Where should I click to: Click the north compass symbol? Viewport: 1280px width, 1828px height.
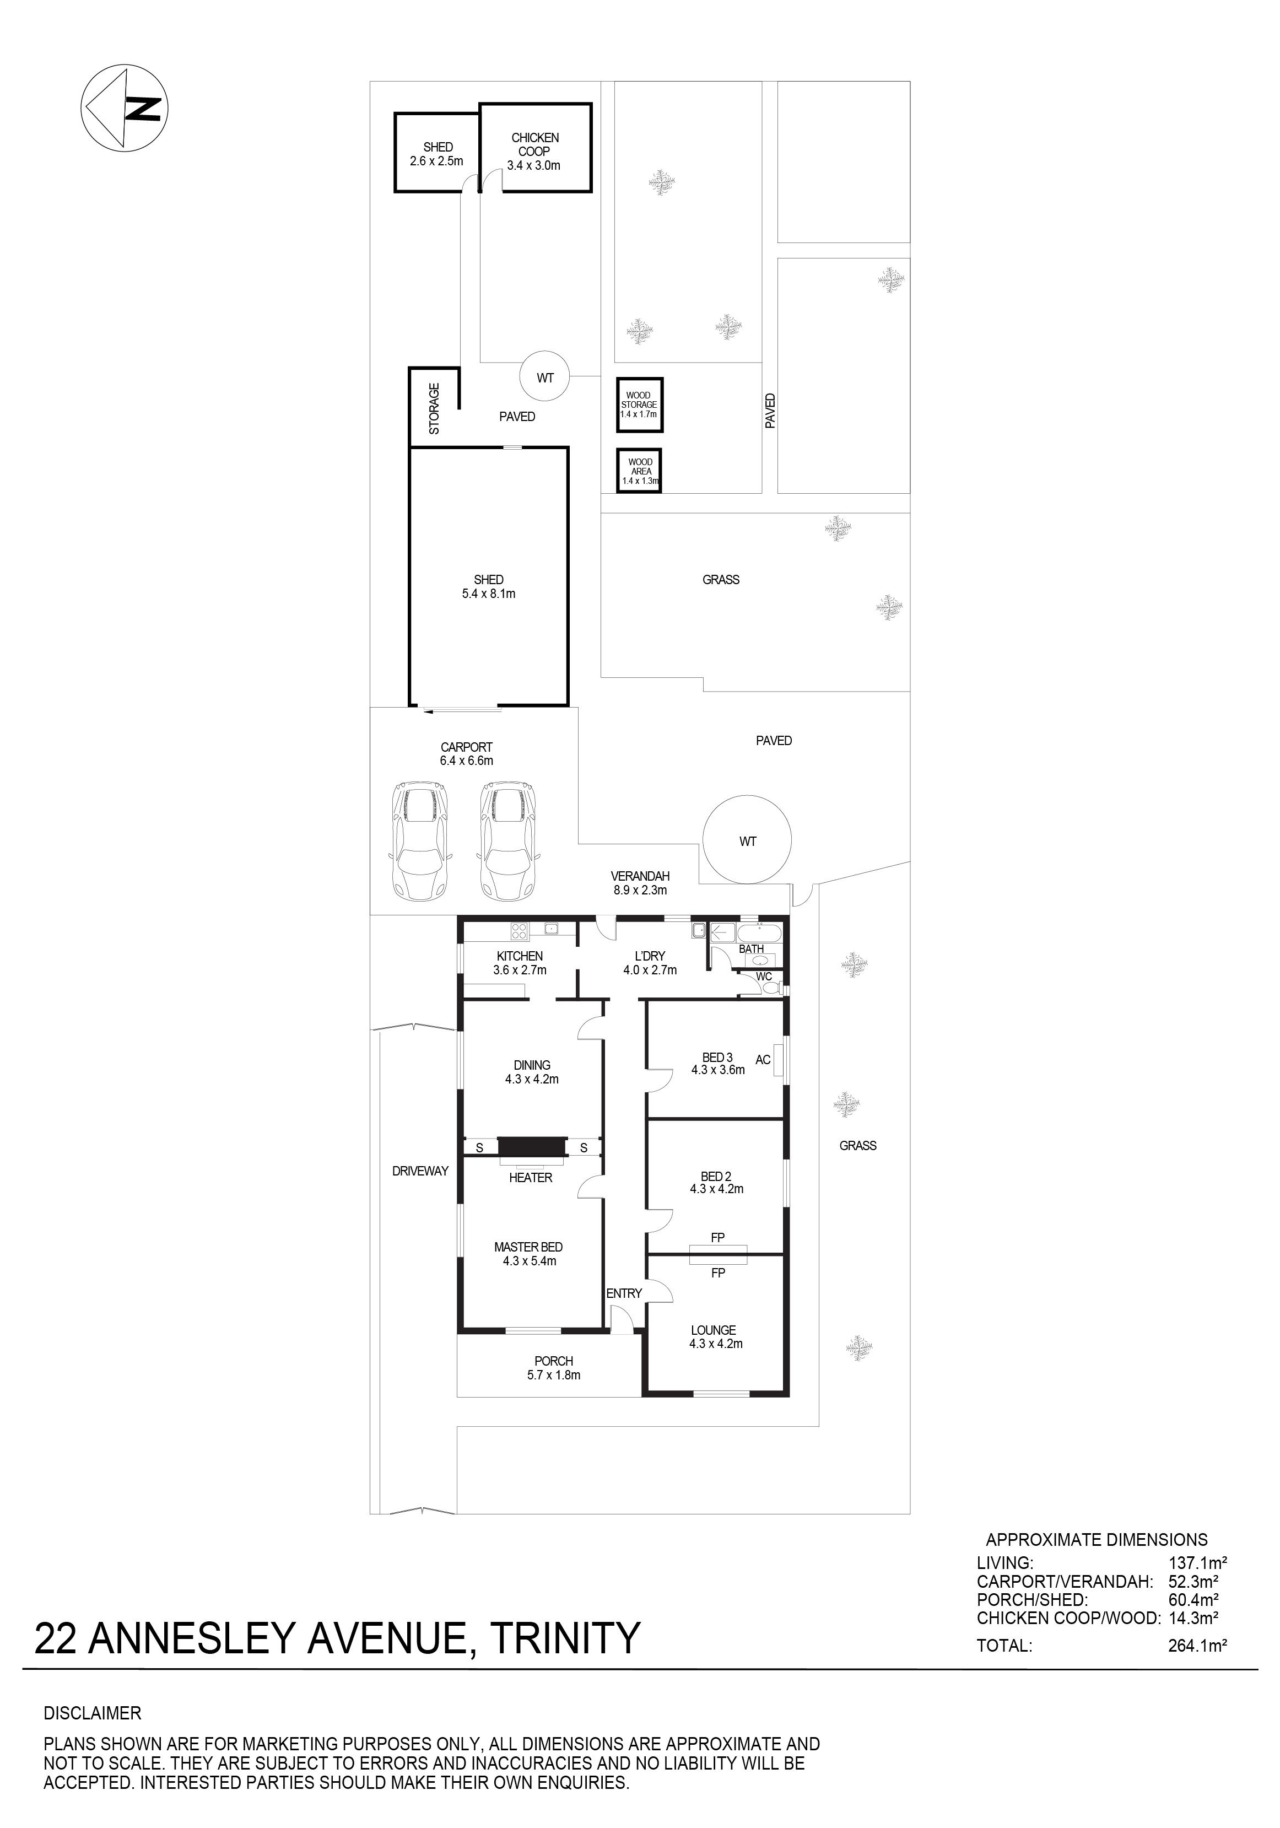(124, 107)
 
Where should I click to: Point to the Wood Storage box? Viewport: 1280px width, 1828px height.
(639, 405)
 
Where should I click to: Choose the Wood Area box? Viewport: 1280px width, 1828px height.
(639, 471)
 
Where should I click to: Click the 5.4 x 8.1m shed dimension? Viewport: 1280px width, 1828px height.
(489, 593)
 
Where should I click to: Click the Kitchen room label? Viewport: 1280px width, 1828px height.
(520, 956)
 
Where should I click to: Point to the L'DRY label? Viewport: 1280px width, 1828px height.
(650, 956)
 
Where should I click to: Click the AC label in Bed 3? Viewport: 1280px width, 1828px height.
(763, 1060)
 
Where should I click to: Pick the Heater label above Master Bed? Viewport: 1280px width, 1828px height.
(530, 1178)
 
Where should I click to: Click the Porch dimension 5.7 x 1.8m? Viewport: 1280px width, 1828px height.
(553, 1375)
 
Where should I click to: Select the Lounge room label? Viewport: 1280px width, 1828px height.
(713, 1330)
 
